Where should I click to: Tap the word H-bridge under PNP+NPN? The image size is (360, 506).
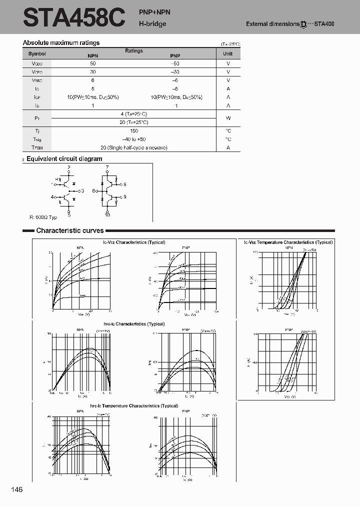point(152,23)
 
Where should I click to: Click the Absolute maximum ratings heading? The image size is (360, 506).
point(61,43)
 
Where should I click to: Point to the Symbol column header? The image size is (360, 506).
point(37,53)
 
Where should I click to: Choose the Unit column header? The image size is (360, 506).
point(228,53)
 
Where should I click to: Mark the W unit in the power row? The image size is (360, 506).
point(228,118)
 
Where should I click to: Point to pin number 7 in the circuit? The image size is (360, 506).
point(107,166)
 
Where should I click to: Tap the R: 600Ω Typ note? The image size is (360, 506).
point(43,217)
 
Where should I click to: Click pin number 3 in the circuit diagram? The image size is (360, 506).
point(82,190)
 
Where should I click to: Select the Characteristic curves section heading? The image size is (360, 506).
point(70,230)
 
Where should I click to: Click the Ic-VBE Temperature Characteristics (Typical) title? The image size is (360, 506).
point(288,242)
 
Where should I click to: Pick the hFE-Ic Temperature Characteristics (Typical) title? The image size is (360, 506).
point(133,406)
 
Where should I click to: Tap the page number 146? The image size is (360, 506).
point(16,489)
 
